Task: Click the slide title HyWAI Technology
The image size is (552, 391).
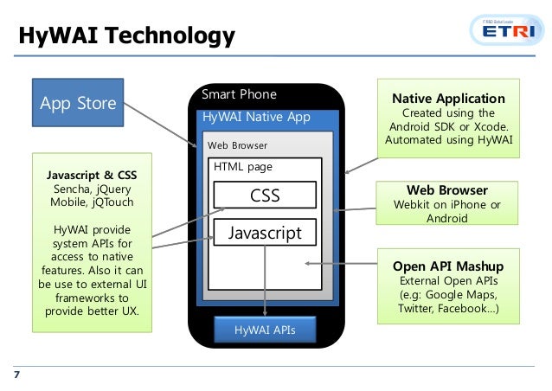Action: point(126,36)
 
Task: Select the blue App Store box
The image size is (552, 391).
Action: point(78,104)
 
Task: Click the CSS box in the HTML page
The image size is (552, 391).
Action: point(265,195)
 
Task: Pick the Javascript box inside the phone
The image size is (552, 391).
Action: point(265,233)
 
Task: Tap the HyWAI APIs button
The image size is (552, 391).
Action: point(265,330)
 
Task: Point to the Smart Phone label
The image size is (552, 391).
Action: point(239,94)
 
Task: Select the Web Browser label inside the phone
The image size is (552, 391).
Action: point(236,145)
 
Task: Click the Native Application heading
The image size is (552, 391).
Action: point(448,99)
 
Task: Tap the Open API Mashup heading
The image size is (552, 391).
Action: point(447,266)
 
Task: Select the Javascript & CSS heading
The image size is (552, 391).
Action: point(91,175)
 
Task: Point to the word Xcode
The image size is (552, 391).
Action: point(491,126)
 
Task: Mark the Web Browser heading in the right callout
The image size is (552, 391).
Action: point(447,190)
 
